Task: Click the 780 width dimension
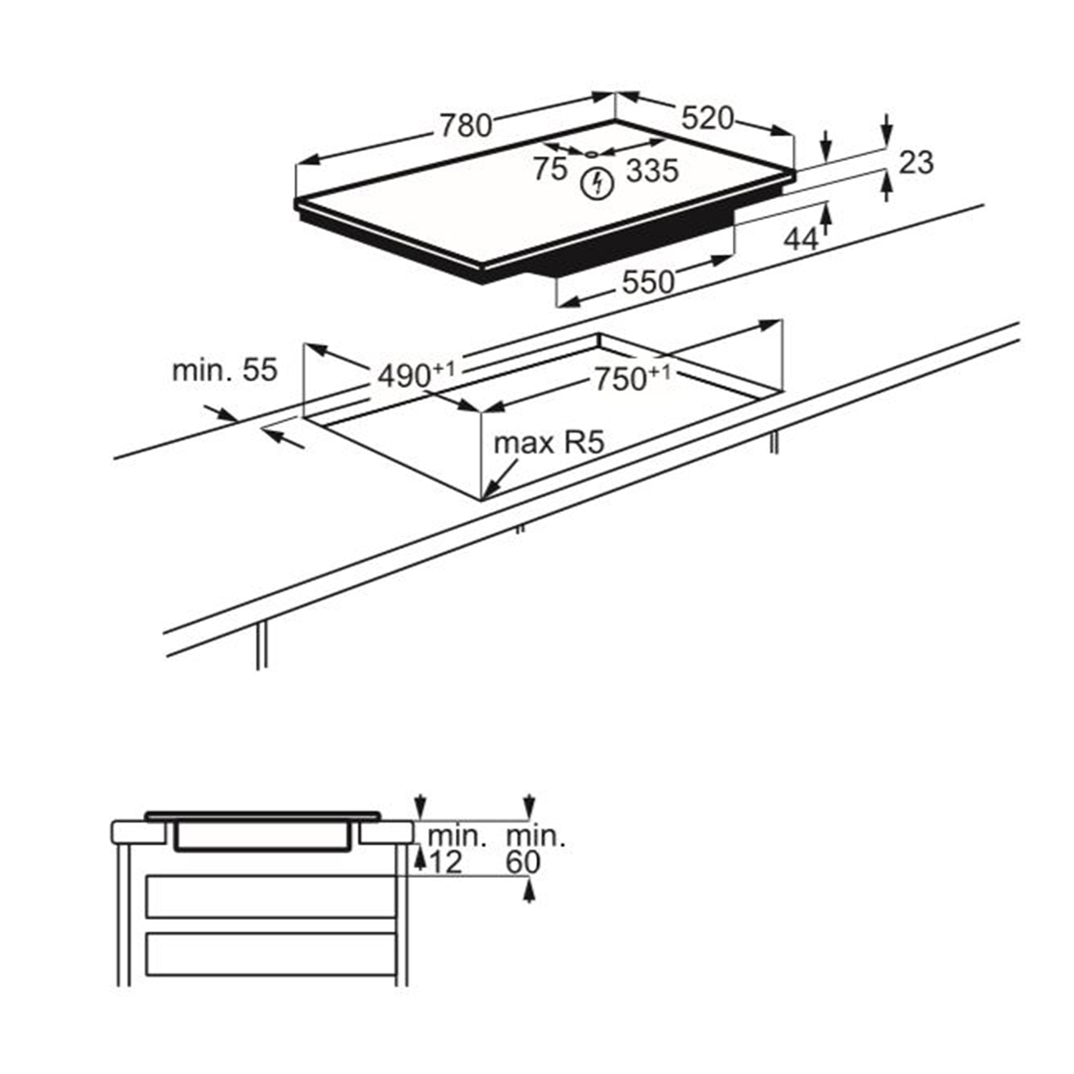pos(466,125)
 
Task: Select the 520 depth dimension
pos(707,118)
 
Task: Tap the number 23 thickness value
pos(916,163)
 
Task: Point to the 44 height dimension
pos(801,239)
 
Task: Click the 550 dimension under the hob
pos(648,282)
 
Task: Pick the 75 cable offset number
pos(550,169)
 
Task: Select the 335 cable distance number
pos(652,170)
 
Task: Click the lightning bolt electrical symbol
pos(597,183)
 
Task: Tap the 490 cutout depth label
pos(416,374)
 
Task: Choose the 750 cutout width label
pos(632,377)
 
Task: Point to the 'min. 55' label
pos(224,370)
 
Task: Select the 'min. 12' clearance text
pos(456,849)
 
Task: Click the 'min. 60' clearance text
pos(536,849)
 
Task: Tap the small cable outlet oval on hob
pos(591,153)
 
